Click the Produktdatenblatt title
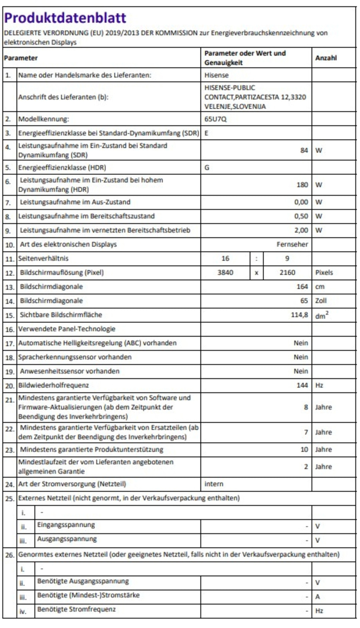65,18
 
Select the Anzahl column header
326,58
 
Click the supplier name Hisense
216,75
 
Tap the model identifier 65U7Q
215,119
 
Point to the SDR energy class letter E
206,133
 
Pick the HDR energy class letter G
207,168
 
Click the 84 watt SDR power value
304,150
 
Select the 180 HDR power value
302,185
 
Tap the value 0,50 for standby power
301,216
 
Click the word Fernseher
292,245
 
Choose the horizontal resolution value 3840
225,273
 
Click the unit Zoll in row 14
321,301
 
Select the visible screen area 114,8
299,315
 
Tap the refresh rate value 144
302,385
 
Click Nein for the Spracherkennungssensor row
301,357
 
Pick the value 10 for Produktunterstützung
304,449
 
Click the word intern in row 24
214,484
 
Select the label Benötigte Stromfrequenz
76,610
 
